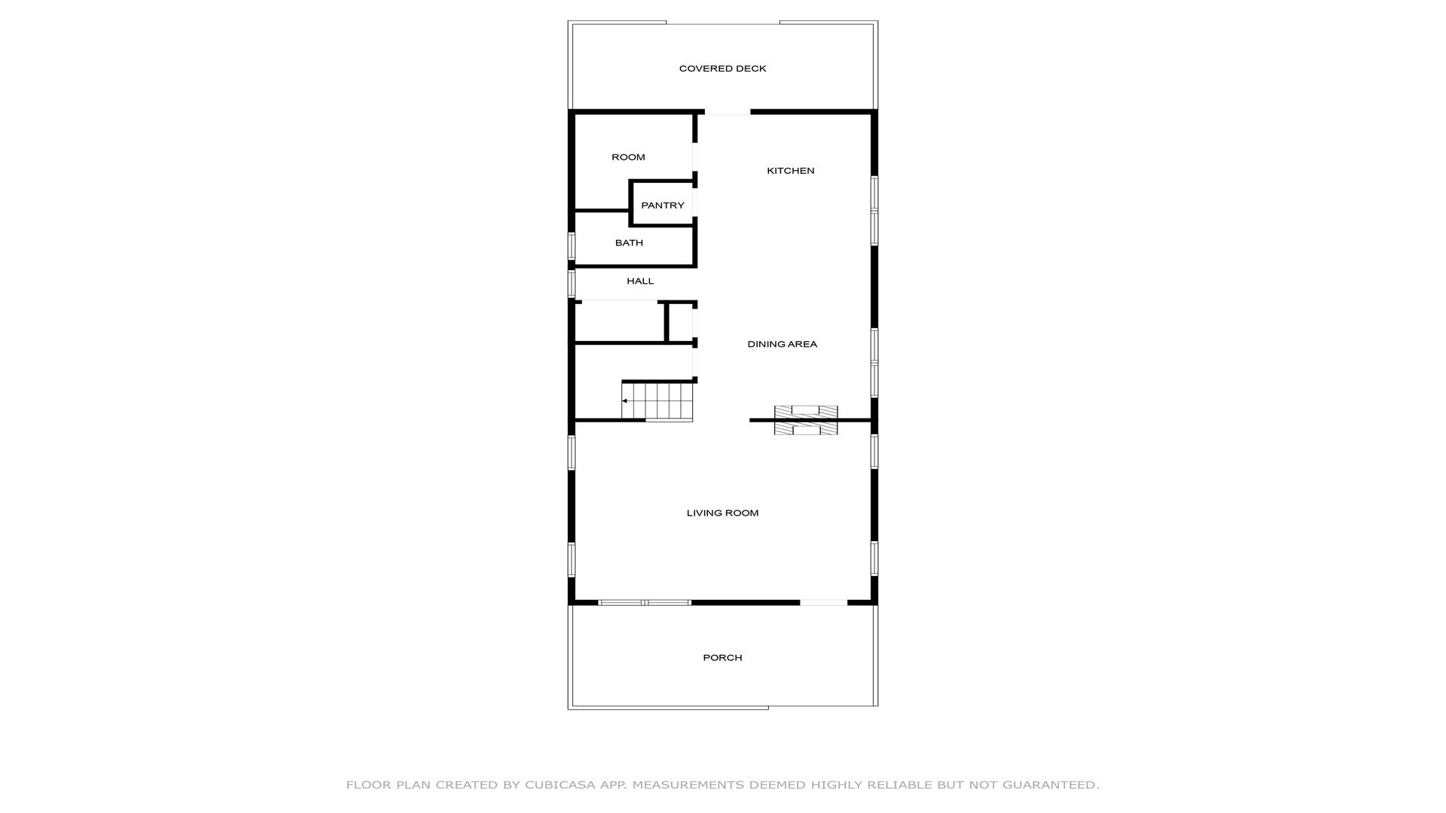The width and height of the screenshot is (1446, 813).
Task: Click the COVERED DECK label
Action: [x=722, y=69]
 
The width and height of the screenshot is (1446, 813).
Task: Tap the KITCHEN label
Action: [x=790, y=171]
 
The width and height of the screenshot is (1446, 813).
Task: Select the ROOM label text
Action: [x=628, y=157]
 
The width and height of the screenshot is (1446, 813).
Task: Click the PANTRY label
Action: [x=663, y=206]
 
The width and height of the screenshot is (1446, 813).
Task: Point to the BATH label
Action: [x=629, y=243]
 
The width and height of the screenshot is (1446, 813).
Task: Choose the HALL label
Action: [x=640, y=282]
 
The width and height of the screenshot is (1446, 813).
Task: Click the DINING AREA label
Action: [x=782, y=344]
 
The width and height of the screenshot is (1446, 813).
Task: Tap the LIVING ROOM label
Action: [x=722, y=513]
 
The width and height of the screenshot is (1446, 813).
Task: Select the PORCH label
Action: [x=722, y=658]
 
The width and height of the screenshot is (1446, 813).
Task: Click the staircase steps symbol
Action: [x=657, y=401]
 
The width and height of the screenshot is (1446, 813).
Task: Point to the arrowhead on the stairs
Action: [x=624, y=401]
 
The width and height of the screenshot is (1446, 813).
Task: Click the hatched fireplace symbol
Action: [x=806, y=420]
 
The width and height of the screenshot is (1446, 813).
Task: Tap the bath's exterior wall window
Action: [x=572, y=246]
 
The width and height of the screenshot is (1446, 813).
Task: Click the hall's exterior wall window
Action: [x=572, y=284]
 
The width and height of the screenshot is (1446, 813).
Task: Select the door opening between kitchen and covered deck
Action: [x=728, y=112]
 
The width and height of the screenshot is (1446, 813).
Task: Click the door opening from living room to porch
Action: [x=823, y=602]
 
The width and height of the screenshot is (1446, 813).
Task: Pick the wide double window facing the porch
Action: [x=645, y=602]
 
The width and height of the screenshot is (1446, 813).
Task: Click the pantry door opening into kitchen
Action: [x=695, y=202]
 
